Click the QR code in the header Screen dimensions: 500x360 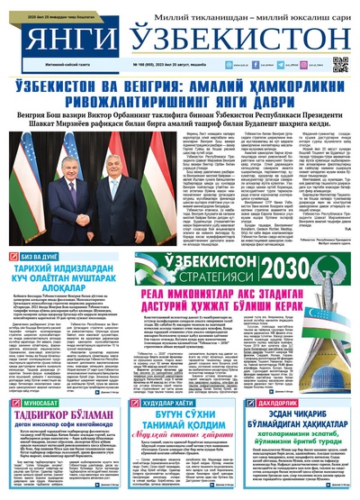pyautogui.click(x=340, y=64)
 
